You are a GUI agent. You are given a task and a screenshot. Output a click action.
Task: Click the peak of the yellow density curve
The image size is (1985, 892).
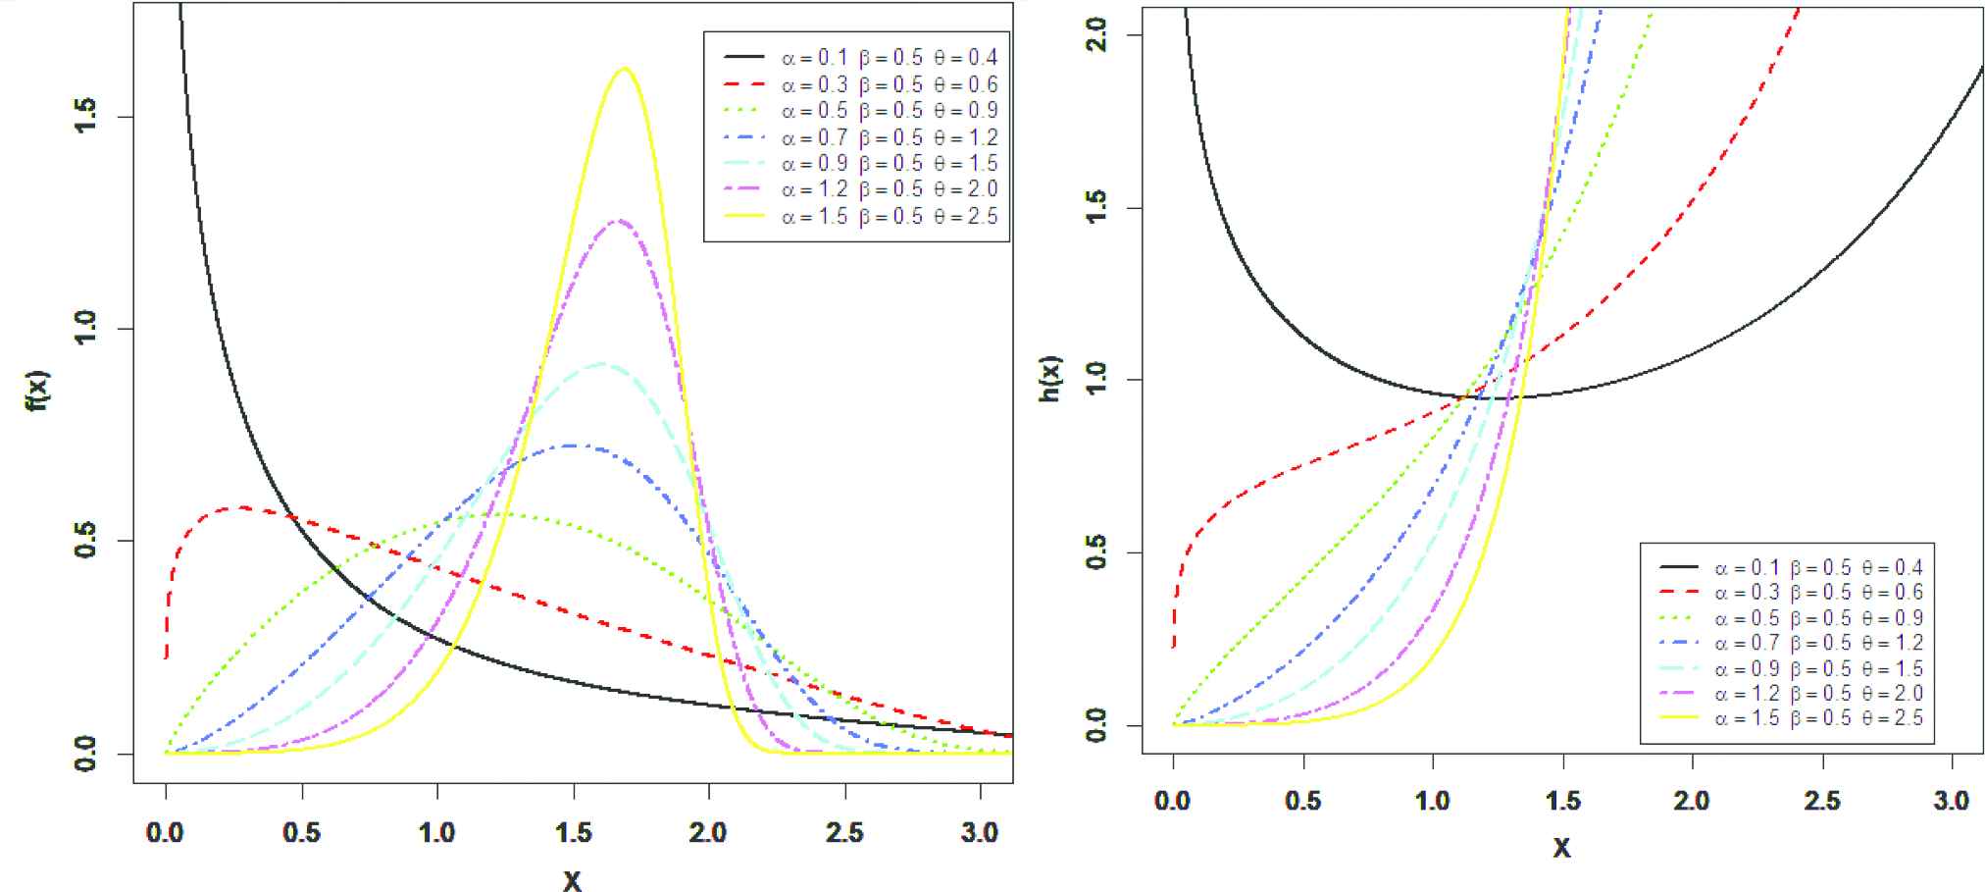coord(625,69)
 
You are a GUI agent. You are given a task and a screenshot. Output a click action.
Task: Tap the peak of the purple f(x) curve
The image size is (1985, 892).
coord(619,221)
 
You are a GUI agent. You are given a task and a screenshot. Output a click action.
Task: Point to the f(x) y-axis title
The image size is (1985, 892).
coord(37,390)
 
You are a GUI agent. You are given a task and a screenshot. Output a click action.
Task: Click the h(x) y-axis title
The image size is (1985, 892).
coord(1050,378)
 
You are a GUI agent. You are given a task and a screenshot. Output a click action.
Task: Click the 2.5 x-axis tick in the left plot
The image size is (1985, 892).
coord(844,833)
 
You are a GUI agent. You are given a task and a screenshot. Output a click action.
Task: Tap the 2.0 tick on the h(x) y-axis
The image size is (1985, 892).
coord(1097,35)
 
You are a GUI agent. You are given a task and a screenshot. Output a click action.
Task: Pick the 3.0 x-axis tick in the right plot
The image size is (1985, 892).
coord(1952,801)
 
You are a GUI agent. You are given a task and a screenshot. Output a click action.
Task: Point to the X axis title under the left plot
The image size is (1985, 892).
coord(573,879)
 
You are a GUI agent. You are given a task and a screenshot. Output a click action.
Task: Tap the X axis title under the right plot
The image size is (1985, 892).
coord(1562,846)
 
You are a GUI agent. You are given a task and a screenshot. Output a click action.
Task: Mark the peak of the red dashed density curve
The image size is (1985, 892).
coord(240,507)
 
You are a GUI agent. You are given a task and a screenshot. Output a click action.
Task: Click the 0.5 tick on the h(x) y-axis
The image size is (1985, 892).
coord(1097,552)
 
